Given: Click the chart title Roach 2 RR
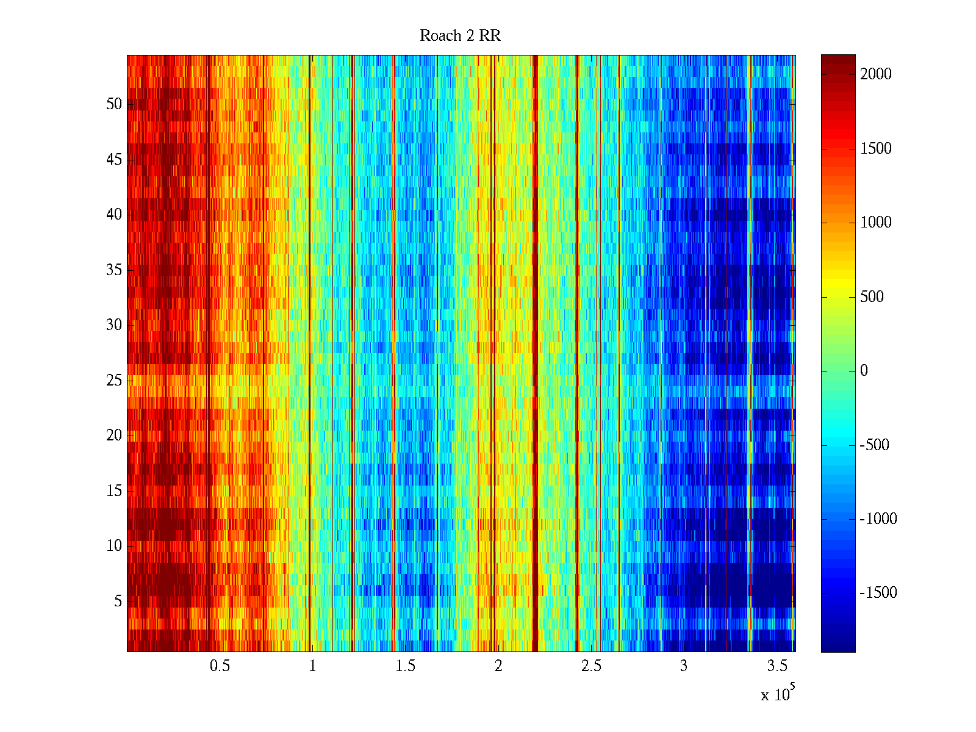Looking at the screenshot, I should [460, 36].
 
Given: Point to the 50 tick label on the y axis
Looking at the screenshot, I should [114, 104].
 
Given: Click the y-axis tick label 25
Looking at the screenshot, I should [114, 381].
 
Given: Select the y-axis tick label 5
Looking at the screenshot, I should [118, 601].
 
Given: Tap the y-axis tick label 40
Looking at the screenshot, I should [114, 215].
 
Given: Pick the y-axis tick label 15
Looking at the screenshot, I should [114, 491].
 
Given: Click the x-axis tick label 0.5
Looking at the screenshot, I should [220, 666].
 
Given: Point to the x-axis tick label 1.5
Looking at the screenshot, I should [406, 666].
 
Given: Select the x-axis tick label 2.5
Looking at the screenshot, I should [591, 666].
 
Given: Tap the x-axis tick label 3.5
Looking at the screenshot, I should [777, 666].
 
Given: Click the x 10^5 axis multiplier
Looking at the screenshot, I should [778, 694].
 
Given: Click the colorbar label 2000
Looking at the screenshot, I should [876, 74].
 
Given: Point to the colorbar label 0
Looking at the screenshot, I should [864, 371].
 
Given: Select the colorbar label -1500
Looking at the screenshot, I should [878, 593].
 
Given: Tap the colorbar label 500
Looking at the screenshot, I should [872, 297].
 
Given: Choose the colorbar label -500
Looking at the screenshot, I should [875, 445].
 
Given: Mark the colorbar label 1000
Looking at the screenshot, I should [876, 223].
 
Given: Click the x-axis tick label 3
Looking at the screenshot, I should [684, 666].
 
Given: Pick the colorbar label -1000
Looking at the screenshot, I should [878, 519].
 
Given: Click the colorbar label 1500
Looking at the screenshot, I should [876, 149].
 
